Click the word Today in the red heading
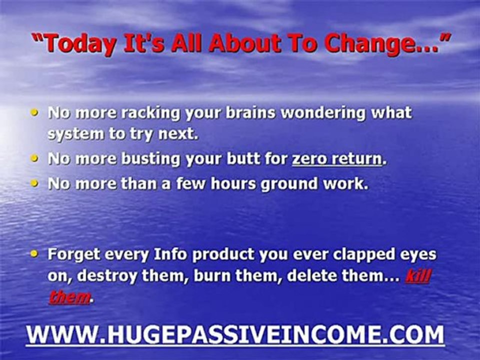coord(80,43)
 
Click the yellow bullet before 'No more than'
coord(34,183)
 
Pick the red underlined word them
coord(69,297)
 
